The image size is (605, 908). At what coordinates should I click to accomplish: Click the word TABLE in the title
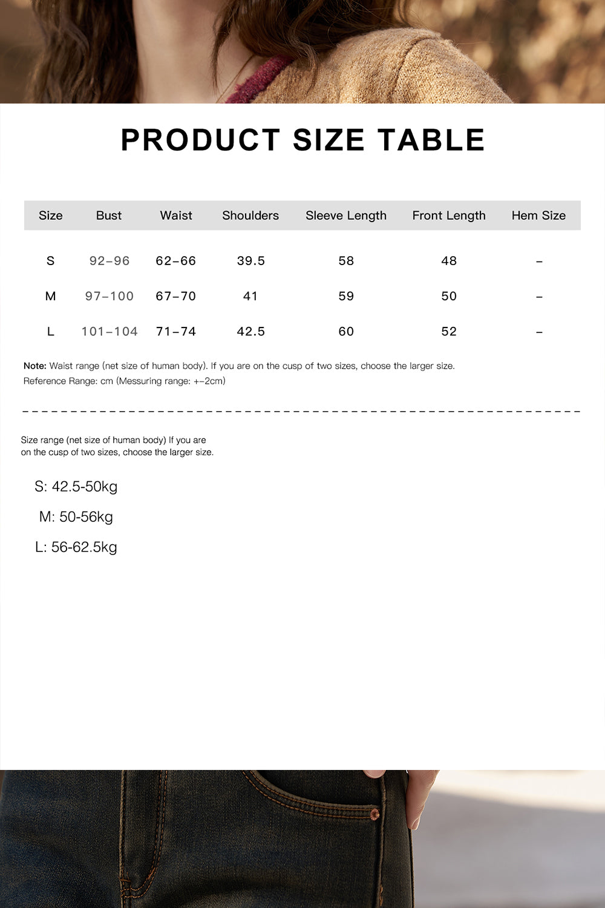coord(431,140)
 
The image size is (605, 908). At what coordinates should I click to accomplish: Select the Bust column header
coord(109,215)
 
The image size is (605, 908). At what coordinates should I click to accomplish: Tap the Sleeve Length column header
coord(345,215)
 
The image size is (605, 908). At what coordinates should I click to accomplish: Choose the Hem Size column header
coord(538,215)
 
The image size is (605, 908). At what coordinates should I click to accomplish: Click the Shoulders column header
coord(250,215)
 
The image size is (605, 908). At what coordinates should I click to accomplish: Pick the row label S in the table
coord(50,261)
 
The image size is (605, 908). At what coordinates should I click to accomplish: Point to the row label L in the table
coord(50,332)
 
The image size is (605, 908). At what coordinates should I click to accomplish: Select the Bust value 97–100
coord(110,296)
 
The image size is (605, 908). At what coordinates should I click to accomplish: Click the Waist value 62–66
coord(175,261)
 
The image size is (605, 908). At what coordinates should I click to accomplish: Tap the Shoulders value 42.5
coord(250,332)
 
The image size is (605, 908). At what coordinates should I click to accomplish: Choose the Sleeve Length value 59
coord(346,296)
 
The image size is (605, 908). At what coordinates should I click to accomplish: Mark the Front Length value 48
coord(449,261)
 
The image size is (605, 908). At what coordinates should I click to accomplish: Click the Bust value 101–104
coord(110,332)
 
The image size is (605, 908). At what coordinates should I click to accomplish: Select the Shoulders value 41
coord(250,296)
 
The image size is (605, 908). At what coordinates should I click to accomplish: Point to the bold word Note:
coord(35,366)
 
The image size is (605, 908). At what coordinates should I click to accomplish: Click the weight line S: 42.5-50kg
coord(76,487)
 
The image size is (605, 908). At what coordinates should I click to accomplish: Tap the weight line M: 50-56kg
coord(76,517)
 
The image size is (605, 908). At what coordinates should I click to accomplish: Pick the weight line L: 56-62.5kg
coord(76,547)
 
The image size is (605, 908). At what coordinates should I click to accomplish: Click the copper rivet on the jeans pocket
coord(374,814)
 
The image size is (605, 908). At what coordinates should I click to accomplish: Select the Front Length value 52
coord(449,332)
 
